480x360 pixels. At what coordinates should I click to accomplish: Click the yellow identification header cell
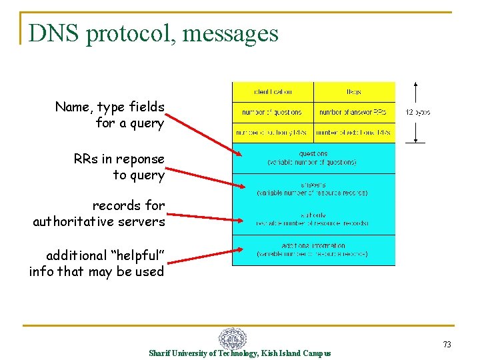click(x=273, y=91)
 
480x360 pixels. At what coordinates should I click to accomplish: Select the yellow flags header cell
click(x=354, y=91)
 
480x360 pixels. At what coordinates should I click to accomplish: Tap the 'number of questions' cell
click(x=273, y=112)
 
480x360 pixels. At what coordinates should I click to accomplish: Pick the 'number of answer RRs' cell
click(x=354, y=112)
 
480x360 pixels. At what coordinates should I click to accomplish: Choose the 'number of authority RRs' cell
click(x=273, y=133)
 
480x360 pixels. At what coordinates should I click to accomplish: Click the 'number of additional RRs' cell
click(x=354, y=133)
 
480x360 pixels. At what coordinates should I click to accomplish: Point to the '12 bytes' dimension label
click(x=417, y=113)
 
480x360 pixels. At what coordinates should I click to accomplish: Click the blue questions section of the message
click(x=313, y=158)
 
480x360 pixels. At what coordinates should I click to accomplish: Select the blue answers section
click(x=313, y=189)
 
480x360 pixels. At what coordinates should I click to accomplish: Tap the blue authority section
click(x=313, y=219)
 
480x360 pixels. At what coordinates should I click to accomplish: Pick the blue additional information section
click(x=313, y=250)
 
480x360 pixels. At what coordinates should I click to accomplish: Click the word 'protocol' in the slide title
click(x=131, y=32)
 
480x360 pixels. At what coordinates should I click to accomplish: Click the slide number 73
click(x=447, y=344)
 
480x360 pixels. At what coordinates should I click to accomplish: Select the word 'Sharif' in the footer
click(x=159, y=353)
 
